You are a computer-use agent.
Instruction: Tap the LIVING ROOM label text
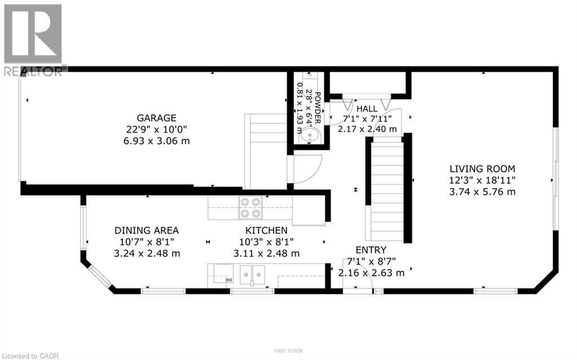click(x=482, y=168)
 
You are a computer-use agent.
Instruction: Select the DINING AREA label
click(x=147, y=230)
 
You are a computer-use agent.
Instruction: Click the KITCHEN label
click(x=266, y=230)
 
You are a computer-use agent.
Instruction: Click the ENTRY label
click(x=371, y=250)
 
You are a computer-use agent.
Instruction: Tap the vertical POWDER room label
click(x=318, y=107)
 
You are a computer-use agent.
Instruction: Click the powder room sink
click(x=309, y=136)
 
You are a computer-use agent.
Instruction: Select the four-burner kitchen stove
click(x=251, y=207)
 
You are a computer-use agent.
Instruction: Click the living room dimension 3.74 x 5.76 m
click(x=482, y=191)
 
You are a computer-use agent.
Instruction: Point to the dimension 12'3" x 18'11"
click(x=482, y=180)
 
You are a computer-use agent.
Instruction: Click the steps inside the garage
click(x=265, y=150)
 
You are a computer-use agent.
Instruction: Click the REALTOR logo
click(x=33, y=39)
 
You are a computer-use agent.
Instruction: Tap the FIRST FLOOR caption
click(x=288, y=351)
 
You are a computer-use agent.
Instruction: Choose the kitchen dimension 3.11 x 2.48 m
click(x=266, y=253)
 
